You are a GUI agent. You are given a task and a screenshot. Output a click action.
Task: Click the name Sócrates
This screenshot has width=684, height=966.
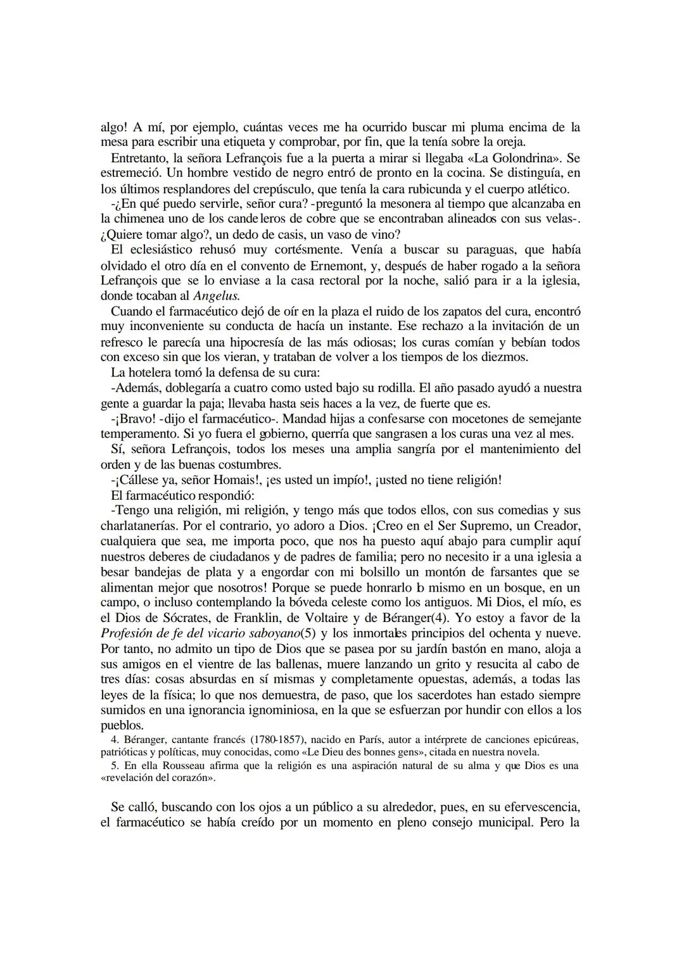pyautogui.click(x=183, y=618)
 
